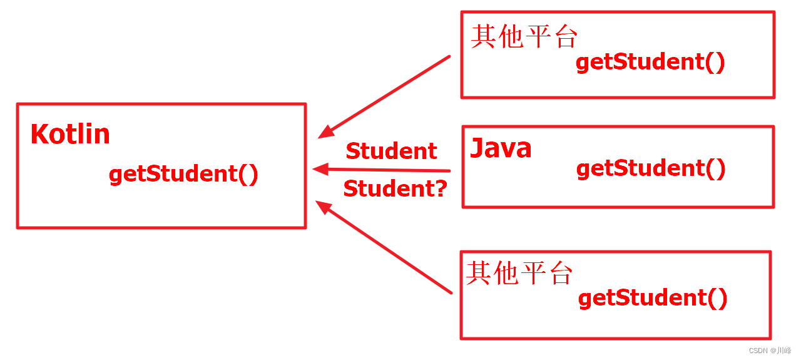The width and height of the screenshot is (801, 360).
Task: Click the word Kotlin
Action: pyautogui.click(x=70, y=135)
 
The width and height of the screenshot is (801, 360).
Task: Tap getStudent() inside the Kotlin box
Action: pyautogui.click(x=183, y=174)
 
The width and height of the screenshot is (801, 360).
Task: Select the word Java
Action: pyautogui.click(x=501, y=148)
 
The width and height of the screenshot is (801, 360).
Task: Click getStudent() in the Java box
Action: pyautogui.click(x=651, y=168)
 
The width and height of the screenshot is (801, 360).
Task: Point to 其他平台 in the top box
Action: pyautogui.click(x=523, y=37)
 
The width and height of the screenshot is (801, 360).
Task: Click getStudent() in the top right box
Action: pyautogui.click(x=650, y=63)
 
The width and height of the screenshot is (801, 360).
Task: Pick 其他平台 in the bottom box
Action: pyautogui.click(x=519, y=274)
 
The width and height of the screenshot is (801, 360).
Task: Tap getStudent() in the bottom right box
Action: pyautogui.click(x=653, y=298)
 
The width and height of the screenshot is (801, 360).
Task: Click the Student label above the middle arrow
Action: pyautogui.click(x=391, y=151)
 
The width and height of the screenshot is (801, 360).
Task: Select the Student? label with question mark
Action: pyautogui.click(x=395, y=188)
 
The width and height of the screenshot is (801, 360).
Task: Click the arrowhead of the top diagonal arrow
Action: pyautogui.click(x=325, y=132)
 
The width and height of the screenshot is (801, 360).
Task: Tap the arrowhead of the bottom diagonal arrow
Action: pyautogui.click(x=323, y=207)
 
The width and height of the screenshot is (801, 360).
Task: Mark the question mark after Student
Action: pyautogui.click(x=441, y=188)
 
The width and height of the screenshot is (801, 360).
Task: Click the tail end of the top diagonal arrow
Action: pyautogui.click(x=449, y=57)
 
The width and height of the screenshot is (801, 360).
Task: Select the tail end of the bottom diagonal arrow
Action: pyautogui.click(x=450, y=291)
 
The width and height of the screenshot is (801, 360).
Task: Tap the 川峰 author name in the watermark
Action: pyautogui.click(x=783, y=351)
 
